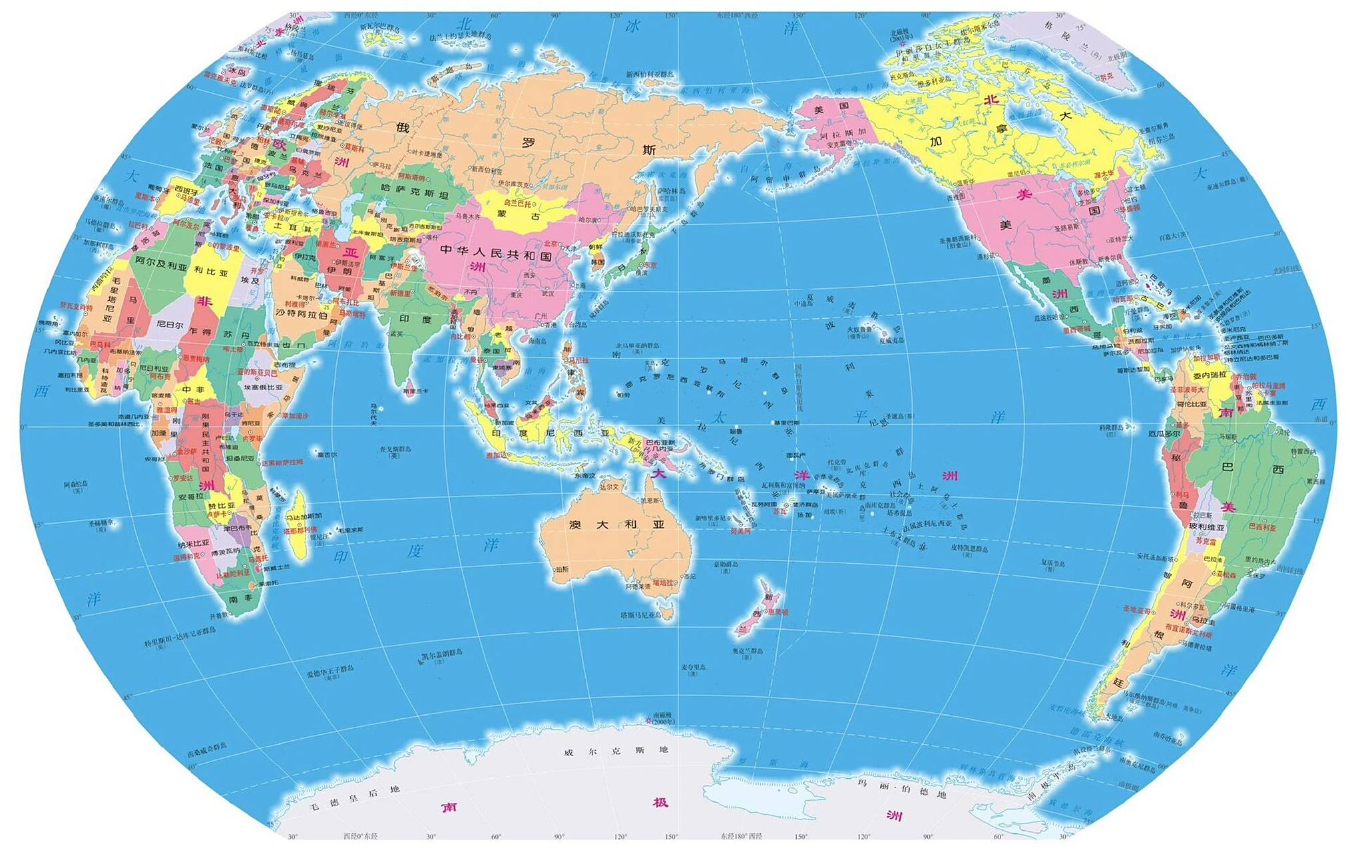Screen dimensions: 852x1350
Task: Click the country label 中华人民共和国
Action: [x=496, y=253]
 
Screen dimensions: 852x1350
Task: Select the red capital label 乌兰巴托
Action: [x=518, y=202]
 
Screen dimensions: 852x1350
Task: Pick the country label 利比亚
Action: [x=211, y=272]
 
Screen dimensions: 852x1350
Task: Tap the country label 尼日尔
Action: [x=170, y=325]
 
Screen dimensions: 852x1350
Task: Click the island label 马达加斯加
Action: [x=304, y=516]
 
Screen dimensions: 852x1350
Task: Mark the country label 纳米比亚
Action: [x=194, y=544]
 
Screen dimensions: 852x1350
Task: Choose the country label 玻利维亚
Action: [x=1207, y=527]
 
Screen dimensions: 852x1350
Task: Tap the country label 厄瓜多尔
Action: [x=1164, y=433]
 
